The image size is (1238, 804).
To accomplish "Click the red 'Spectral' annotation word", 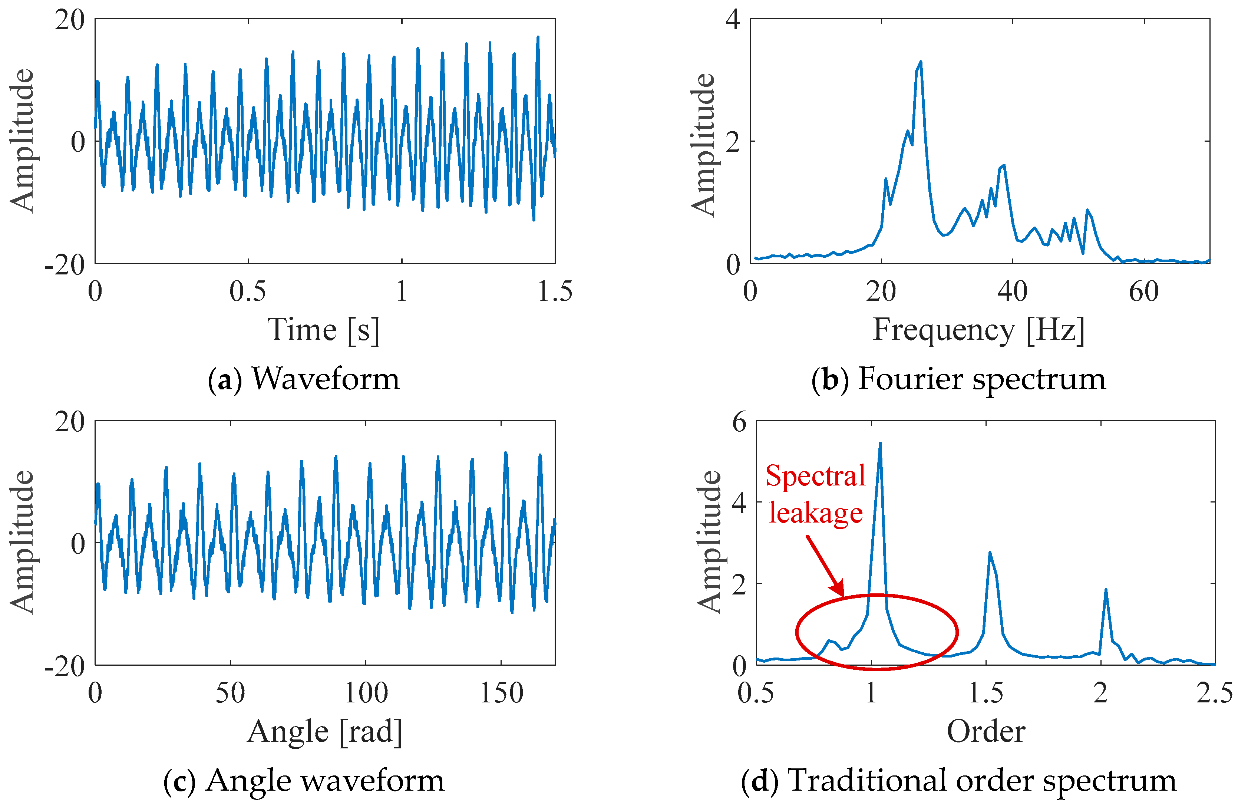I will (815, 476).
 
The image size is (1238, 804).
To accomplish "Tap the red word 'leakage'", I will (816, 513).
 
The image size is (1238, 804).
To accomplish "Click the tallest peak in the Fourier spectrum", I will (921, 62).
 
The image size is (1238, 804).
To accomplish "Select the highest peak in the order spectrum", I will (880, 444).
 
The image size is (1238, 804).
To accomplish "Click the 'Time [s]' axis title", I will (324, 330).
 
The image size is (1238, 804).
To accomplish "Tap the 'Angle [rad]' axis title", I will (324, 732).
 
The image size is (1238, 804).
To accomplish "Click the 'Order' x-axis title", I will (986, 732).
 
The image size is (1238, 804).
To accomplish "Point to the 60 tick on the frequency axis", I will (1144, 291).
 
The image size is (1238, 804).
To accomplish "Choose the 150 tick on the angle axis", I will (501, 693).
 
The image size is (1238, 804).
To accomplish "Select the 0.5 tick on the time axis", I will (248, 291).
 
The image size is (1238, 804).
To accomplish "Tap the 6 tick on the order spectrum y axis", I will (739, 422).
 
